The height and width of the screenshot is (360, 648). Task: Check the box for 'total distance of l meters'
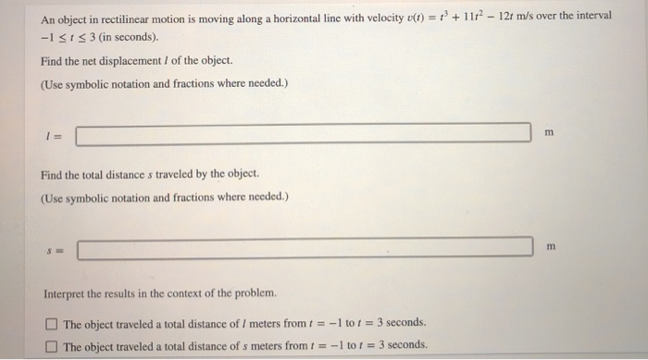click(x=54, y=323)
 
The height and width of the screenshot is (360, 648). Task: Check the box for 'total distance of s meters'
click(x=54, y=344)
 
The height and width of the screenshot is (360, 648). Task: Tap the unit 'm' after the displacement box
click(x=549, y=133)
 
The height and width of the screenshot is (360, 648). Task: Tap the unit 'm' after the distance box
click(x=549, y=245)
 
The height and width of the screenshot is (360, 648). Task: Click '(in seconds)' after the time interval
click(x=126, y=38)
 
